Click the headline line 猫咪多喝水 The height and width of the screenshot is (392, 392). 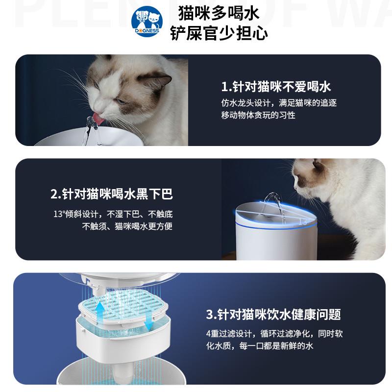coord(219,11)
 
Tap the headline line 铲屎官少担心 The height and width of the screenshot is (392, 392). coord(219,33)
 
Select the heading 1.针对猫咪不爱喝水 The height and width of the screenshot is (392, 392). coord(276,87)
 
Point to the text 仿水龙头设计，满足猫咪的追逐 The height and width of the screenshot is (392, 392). coord(279,103)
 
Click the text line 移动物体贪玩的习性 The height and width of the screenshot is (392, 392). coord(258,115)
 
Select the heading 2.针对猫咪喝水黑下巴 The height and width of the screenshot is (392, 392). coord(112,195)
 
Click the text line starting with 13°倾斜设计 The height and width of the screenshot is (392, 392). coord(113,215)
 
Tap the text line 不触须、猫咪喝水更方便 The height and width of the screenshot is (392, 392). coord(127,226)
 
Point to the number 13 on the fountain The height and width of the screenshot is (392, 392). coord(302,222)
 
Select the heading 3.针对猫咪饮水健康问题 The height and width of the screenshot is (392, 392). coord(273,314)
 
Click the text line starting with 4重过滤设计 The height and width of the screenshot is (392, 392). coord(274,334)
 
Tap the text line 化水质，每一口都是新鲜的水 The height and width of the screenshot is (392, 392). coord(259,346)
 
